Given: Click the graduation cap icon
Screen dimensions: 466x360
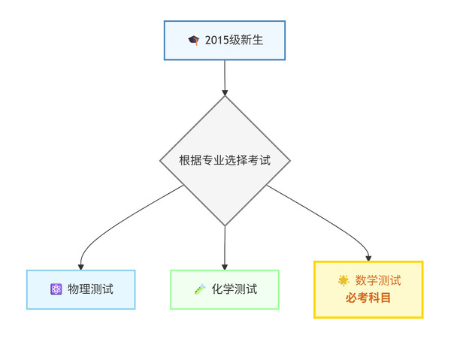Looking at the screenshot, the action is pos(194,40).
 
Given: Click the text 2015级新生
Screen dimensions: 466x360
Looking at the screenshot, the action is pos(235,40).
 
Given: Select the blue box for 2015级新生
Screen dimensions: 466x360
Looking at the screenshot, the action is pos(225,41).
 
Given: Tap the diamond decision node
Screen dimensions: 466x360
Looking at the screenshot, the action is pos(225,161).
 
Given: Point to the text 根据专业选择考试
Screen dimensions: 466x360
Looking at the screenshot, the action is pos(225,160).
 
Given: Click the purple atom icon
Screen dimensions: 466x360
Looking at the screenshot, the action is pos(56,289).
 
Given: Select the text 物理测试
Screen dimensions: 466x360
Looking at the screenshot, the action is pos(91,289).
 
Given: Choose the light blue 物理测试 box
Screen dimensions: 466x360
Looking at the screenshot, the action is pos(81,289).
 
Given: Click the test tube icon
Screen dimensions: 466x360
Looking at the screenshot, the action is pos(200,289).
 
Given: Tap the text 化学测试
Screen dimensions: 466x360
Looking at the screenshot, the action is pos(235,289).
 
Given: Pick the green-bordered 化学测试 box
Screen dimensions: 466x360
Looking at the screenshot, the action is pos(225,289).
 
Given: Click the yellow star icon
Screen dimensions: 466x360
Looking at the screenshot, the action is pos(343,280).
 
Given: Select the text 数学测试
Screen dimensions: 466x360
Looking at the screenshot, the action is pos(378,280).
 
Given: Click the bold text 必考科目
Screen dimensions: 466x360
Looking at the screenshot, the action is pos(368,298).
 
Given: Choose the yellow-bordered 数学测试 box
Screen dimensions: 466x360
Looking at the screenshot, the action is pos(368,289).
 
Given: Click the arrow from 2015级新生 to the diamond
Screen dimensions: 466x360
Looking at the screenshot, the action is pos(225,78).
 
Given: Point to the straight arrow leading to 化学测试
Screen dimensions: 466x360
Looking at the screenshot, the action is pos(225,248).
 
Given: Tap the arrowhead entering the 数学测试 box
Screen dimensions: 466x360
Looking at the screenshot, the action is pos(368,258).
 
